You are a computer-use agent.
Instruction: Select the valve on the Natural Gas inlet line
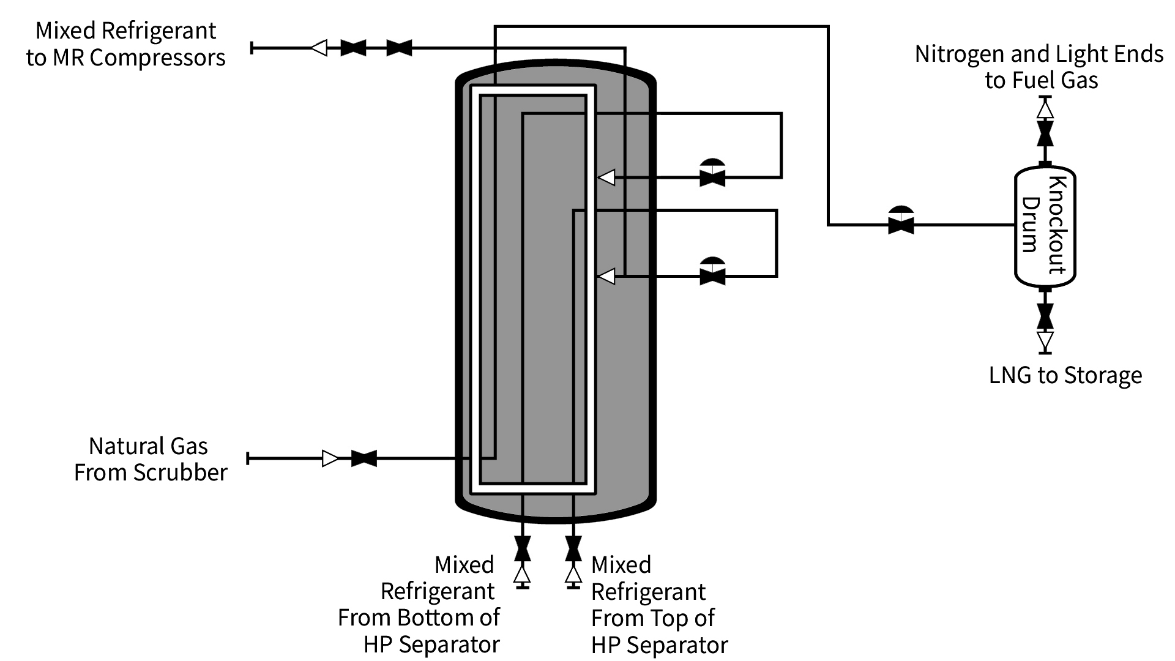coord(364,458)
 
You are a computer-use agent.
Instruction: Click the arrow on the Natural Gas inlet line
coord(330,458)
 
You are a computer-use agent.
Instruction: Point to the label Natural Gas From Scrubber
coord(150,459)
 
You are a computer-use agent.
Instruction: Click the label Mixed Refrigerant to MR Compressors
coord(126,44)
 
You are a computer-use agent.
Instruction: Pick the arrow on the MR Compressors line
coord(319,47)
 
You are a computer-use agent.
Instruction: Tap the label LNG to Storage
coord(1065,375)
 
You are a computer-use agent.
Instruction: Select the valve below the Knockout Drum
coord(1045,316)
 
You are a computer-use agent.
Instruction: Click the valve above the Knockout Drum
coord(1045,133)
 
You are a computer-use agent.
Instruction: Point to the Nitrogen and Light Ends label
coord(1039,67)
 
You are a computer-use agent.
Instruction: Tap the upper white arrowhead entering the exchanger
coord(606,177)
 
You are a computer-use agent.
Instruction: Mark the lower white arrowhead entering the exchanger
coord(606,277)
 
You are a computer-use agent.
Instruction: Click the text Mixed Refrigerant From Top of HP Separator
coord(658,605)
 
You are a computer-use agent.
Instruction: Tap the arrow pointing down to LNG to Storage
coord(1045,340)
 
